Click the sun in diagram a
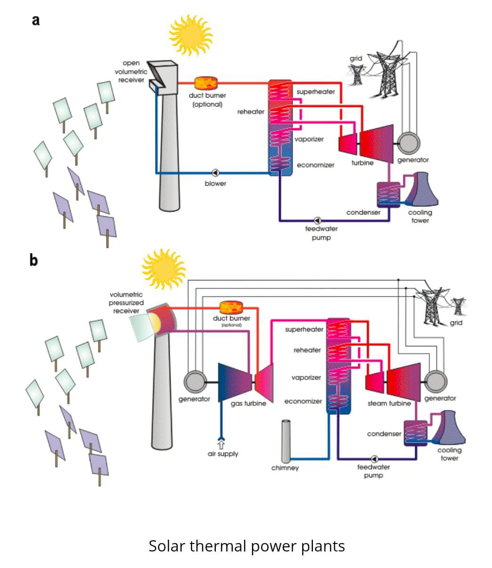(190, 35)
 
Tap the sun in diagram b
(164, 269)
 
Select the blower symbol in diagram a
(216, 173)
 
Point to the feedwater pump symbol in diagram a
(317, 220)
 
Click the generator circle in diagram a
(408, 141)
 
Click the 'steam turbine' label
(389, 403)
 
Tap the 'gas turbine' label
(248, 403)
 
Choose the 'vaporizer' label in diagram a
(309, 139)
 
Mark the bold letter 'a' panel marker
(36, 20)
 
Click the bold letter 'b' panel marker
(33, 260)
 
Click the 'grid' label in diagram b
(456, 323)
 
